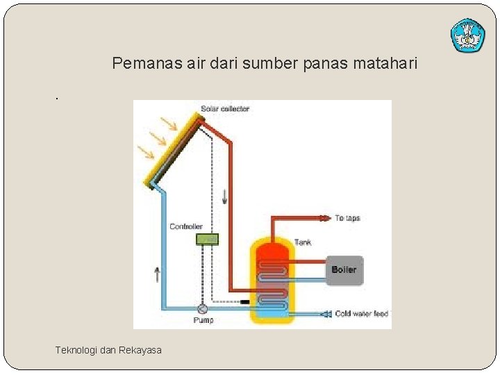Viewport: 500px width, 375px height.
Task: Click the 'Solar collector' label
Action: coord(225,109)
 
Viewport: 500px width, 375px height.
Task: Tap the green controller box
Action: coord(207,239)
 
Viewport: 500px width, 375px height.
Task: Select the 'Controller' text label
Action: coord(186,226)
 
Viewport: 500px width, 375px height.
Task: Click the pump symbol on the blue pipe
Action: coord(203,309)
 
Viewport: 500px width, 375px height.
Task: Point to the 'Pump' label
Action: coord(203,320)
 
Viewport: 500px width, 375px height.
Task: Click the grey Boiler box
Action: coord(344,269)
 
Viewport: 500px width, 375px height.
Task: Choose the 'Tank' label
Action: coord(303,242)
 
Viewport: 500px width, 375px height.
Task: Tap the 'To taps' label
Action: coord(348,218)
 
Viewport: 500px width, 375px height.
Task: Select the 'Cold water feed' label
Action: coord(362,314)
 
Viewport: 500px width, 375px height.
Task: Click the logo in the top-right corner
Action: coord(467,35)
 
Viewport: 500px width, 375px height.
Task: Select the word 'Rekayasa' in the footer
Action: coord(140,350)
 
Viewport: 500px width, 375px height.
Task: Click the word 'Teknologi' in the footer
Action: coord(76,350)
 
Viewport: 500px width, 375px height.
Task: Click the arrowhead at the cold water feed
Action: coord(325,314)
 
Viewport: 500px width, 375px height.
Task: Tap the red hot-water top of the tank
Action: coord(272,251)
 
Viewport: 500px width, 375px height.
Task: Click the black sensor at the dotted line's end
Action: coord(244,302)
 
